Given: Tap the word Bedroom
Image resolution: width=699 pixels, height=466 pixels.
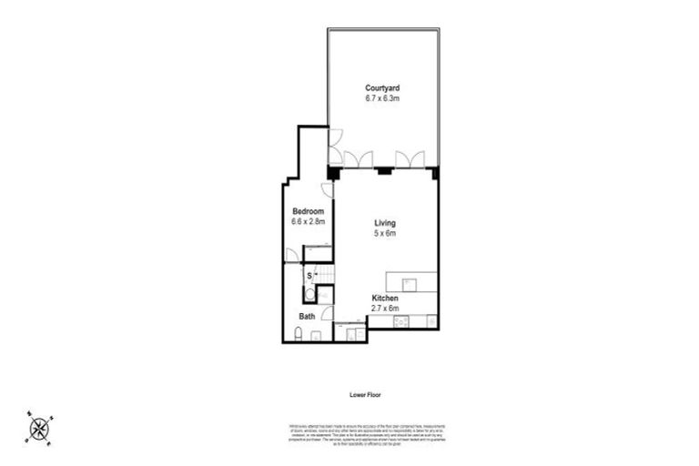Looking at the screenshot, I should click(308, 211).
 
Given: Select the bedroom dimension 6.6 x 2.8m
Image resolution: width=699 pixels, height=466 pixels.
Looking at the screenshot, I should click(308, 221).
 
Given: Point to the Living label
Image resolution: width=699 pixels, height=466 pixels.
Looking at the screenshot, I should click(385, 223).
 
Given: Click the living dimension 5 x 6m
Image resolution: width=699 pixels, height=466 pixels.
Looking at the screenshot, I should click(385, 233).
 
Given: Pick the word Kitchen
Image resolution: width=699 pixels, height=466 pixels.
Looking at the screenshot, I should click(385, 299).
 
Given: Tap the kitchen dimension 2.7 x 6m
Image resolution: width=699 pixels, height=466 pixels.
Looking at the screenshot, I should click(385, 309).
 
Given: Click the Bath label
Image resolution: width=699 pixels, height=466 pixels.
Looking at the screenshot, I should click(308, 317).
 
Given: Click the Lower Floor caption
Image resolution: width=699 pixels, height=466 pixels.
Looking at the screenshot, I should click(364, 395).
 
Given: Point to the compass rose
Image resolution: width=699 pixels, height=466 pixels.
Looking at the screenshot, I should click(39, 428).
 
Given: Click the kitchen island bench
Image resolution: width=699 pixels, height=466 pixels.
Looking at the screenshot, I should click(410, 282).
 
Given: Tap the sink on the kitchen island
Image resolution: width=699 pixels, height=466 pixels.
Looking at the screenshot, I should click(410, 283).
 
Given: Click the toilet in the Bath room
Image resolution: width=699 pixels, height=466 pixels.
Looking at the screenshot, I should click(299, 336).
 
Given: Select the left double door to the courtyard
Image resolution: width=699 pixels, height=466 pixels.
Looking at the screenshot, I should click(359, 159).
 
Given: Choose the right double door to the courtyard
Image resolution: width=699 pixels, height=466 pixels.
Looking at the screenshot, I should click(410, 159).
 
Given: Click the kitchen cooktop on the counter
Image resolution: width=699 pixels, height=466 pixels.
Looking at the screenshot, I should click(399, 321).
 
